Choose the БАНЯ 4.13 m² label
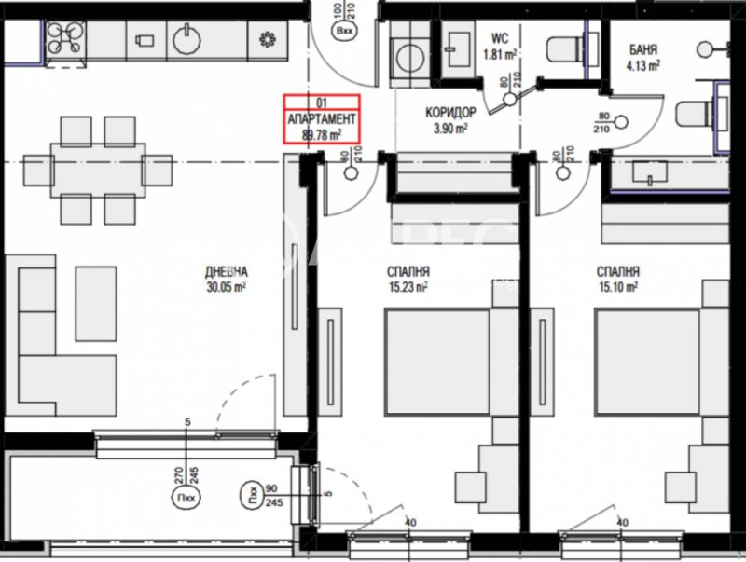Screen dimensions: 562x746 tap(643, 57)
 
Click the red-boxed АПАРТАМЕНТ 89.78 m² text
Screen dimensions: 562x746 tap(321, 125)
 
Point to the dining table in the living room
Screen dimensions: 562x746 tap(99, 171)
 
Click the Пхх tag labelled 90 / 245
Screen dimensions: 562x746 tap(250, 494)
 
